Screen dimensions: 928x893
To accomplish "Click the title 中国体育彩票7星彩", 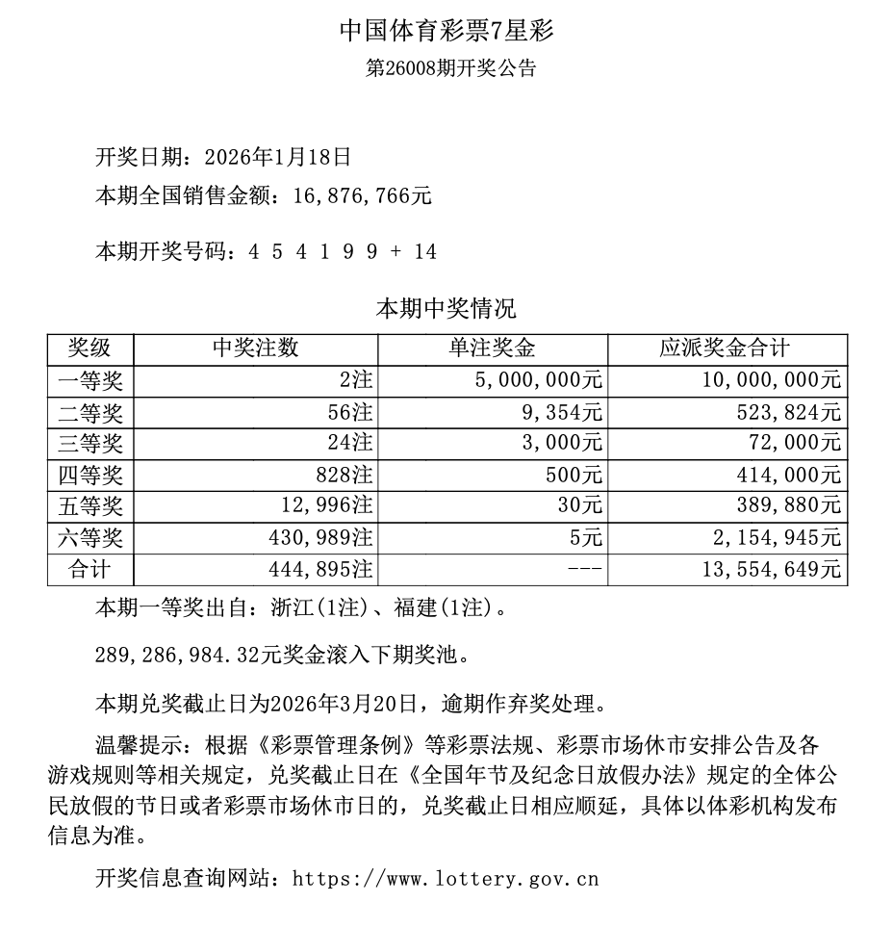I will [446, 31].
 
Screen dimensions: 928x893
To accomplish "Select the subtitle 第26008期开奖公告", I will [446, 69].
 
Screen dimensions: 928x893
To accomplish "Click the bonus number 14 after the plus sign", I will [425, 252].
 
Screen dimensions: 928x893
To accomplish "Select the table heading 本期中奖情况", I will [446, 309].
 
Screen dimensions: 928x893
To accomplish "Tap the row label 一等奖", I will [90, 380].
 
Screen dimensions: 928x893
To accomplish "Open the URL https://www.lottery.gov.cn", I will [445, 878].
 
